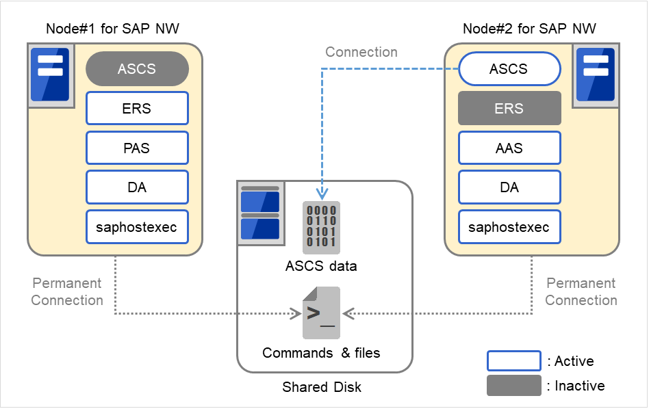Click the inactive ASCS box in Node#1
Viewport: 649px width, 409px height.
pos(137,69)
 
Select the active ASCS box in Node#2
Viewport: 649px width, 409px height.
pos(509,69)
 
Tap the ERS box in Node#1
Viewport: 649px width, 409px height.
pos(137,108)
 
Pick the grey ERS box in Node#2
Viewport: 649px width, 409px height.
pos(509,108)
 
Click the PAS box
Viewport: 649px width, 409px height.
pos(137,148)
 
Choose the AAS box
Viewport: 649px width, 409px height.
pos(509,148)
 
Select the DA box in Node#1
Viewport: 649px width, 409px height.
pos(137,187)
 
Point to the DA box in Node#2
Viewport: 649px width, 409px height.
pos(509,187)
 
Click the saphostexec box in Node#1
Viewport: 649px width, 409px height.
pos(137,227)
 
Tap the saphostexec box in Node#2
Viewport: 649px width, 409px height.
pos(509,227)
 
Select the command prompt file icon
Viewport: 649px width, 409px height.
pos(321,313)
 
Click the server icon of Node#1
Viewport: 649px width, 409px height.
pos(49,75)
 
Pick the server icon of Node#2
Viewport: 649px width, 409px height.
pos(596,75)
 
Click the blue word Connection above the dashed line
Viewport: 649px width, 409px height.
pos(361,52)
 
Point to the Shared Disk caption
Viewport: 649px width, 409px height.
pos(322,387)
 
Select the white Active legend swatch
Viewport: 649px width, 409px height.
pos(513,361)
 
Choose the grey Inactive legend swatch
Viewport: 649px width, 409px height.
pos(513,386)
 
